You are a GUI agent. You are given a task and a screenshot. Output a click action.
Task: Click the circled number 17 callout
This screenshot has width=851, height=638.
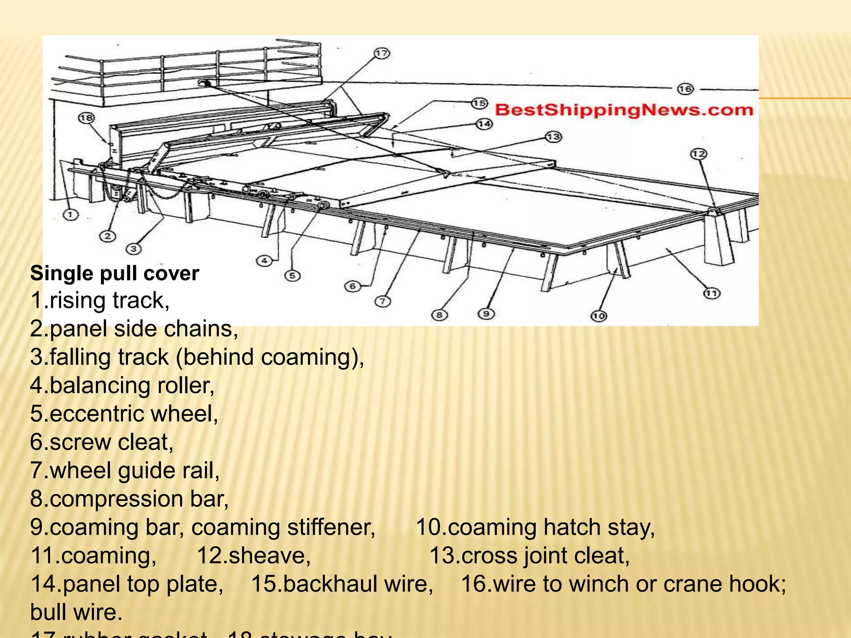tap(381, 54)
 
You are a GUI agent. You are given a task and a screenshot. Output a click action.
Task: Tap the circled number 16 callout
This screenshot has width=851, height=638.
tap(685, 89)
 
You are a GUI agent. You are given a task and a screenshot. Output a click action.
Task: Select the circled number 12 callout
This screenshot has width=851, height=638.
tap(699, 154)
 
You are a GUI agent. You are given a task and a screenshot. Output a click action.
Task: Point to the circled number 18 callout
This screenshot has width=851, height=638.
tap(86, 118)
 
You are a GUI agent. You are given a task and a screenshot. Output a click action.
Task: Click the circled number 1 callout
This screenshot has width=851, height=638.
tap(70, 215)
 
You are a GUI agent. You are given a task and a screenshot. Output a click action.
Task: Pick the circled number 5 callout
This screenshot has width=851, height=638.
tap(292, 275)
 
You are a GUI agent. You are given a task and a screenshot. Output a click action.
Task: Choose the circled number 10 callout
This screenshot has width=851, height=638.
tap(598, 316)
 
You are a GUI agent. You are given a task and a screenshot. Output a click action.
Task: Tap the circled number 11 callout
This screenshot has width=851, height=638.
tap(711, 294)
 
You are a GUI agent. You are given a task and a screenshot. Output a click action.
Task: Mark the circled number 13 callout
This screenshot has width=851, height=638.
tap(553, 137)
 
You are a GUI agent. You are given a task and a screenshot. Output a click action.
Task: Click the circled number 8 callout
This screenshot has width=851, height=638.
tap(439, 315)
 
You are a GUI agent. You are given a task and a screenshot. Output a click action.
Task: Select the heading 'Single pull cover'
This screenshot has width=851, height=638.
tap(115, 273)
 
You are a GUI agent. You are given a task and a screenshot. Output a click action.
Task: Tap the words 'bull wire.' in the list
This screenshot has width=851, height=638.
tap(76, 612)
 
